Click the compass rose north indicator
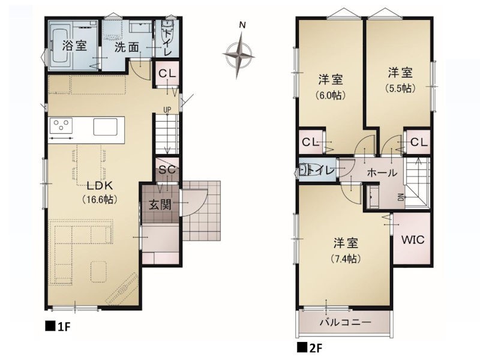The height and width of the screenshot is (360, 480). click(x=239, y=55)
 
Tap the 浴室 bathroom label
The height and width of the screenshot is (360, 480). click(x=74, y=46)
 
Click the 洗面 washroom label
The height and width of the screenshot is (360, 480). click(x=127, y=47)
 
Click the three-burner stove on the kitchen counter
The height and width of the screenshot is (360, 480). click(x=61, y=125)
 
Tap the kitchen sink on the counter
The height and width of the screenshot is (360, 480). click(x=106, y=127)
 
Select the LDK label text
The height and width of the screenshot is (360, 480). click(x=100, y=185)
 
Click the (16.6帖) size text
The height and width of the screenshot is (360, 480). click(x=100, y=200)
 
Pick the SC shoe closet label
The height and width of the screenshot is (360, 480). click(x=167, y=169)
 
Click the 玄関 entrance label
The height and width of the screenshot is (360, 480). click(x=160, y=205)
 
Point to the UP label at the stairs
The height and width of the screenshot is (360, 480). click(x=167, y=110)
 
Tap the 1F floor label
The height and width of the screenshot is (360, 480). click(x=58, y=326)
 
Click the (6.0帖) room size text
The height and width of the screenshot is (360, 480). click(x=331, y=95)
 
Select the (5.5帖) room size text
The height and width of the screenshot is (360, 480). click(x=400, y=88)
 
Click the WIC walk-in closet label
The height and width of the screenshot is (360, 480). click(x=413, y=239)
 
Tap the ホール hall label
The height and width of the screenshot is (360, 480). click(x=382, y=173)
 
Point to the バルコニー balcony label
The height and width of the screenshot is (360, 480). click(x=346, y=322)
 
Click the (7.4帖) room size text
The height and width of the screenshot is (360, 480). click(x=346, y=259)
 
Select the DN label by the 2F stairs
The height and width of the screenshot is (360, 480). click(x=401, y=197)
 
